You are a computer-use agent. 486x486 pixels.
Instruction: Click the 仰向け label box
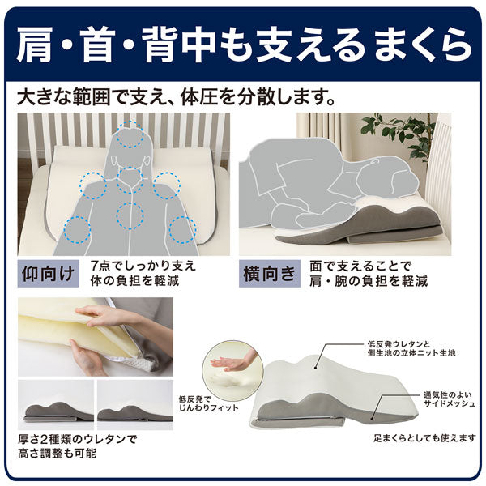[x=48, y=274]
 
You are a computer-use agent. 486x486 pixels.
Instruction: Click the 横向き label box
[x=270, y=274]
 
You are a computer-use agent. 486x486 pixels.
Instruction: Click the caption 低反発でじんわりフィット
[x=208, y=403]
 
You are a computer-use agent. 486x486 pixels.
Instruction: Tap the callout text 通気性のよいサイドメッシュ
[x=449, y=399]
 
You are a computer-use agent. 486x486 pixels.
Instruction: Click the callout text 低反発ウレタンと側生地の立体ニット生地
[x=411, y=348]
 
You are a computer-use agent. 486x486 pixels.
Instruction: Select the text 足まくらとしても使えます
[x=424, y=438]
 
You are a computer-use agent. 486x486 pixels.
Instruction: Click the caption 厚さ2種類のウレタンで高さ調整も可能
[x=77, y=446]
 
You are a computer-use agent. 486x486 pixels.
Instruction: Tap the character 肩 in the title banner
[x=35, y=45]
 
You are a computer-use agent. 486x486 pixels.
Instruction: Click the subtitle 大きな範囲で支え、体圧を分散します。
[x=177, y=97]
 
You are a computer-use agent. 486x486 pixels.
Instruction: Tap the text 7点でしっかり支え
[x=143, y=266]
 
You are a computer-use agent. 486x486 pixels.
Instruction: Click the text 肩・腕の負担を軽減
[x=369, y=281]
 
